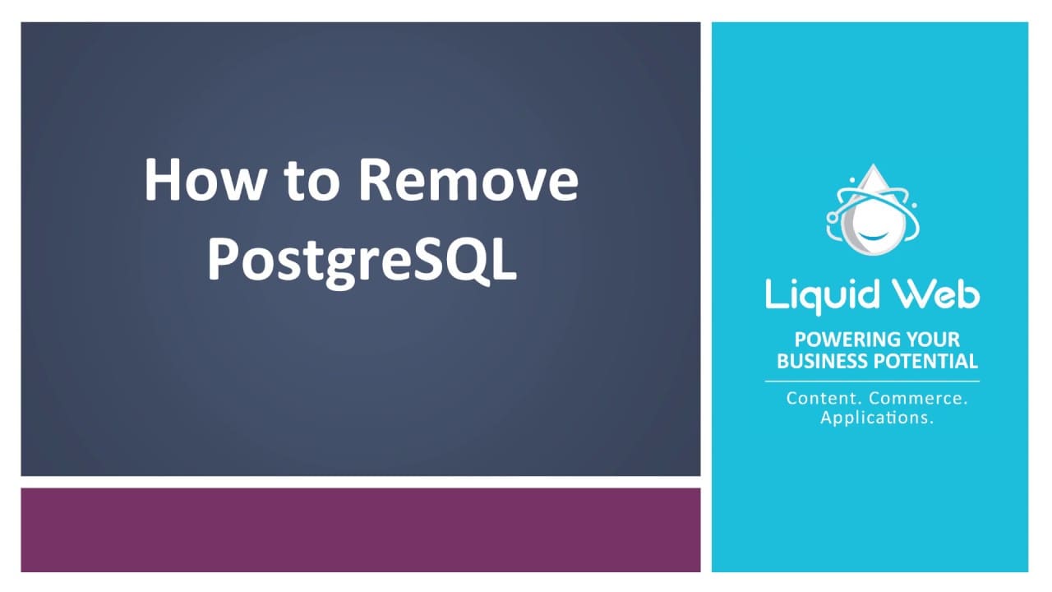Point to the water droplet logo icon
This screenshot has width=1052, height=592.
871,214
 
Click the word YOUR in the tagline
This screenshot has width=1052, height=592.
932,340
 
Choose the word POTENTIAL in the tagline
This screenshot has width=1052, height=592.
926,361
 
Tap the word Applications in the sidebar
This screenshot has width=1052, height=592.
877,418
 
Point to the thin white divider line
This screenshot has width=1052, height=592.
872,382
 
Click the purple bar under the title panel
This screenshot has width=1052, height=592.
360,530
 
